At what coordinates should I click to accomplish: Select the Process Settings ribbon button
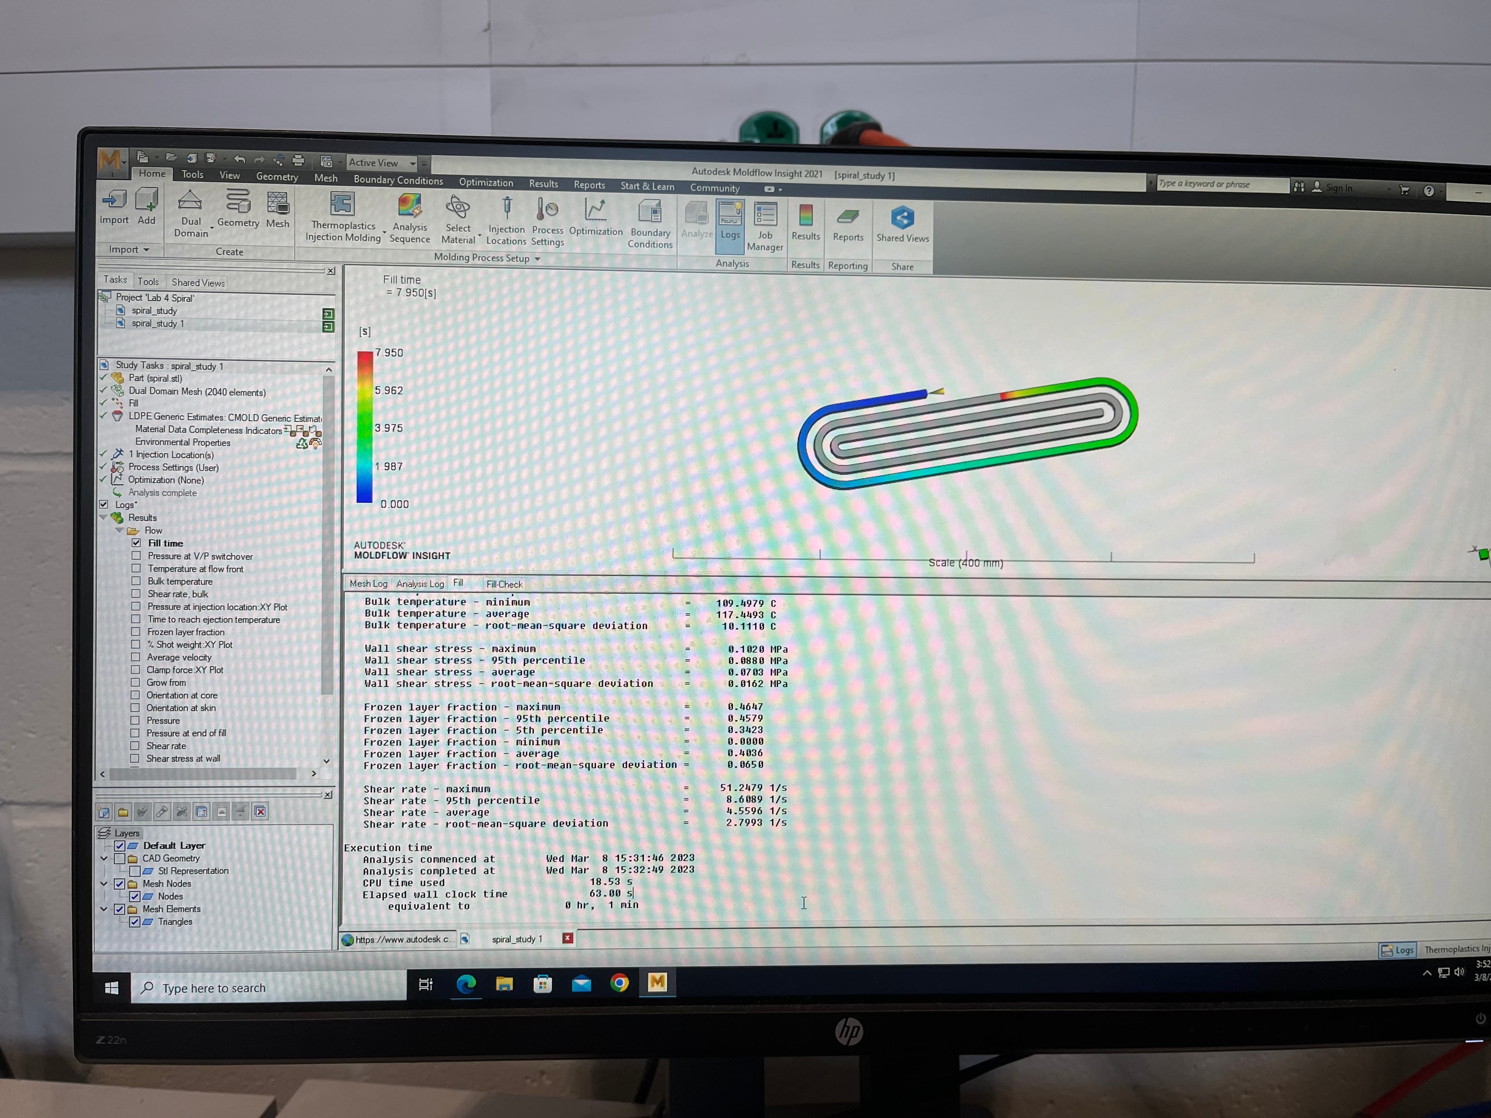click(x=547, y=221)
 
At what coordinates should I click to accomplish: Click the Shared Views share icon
click(x=902, y=218)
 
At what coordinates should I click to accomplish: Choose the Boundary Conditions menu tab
click(x=398, y=180)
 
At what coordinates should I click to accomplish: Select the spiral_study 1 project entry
click(x=158, y=323)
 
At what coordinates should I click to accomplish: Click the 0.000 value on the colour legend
click(x=394, y=504)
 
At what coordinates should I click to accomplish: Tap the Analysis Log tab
click(x=420, y=583)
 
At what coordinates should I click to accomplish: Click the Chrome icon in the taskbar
click(x=619, y=983)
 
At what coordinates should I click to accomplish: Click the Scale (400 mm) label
click(x=965, y=563)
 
